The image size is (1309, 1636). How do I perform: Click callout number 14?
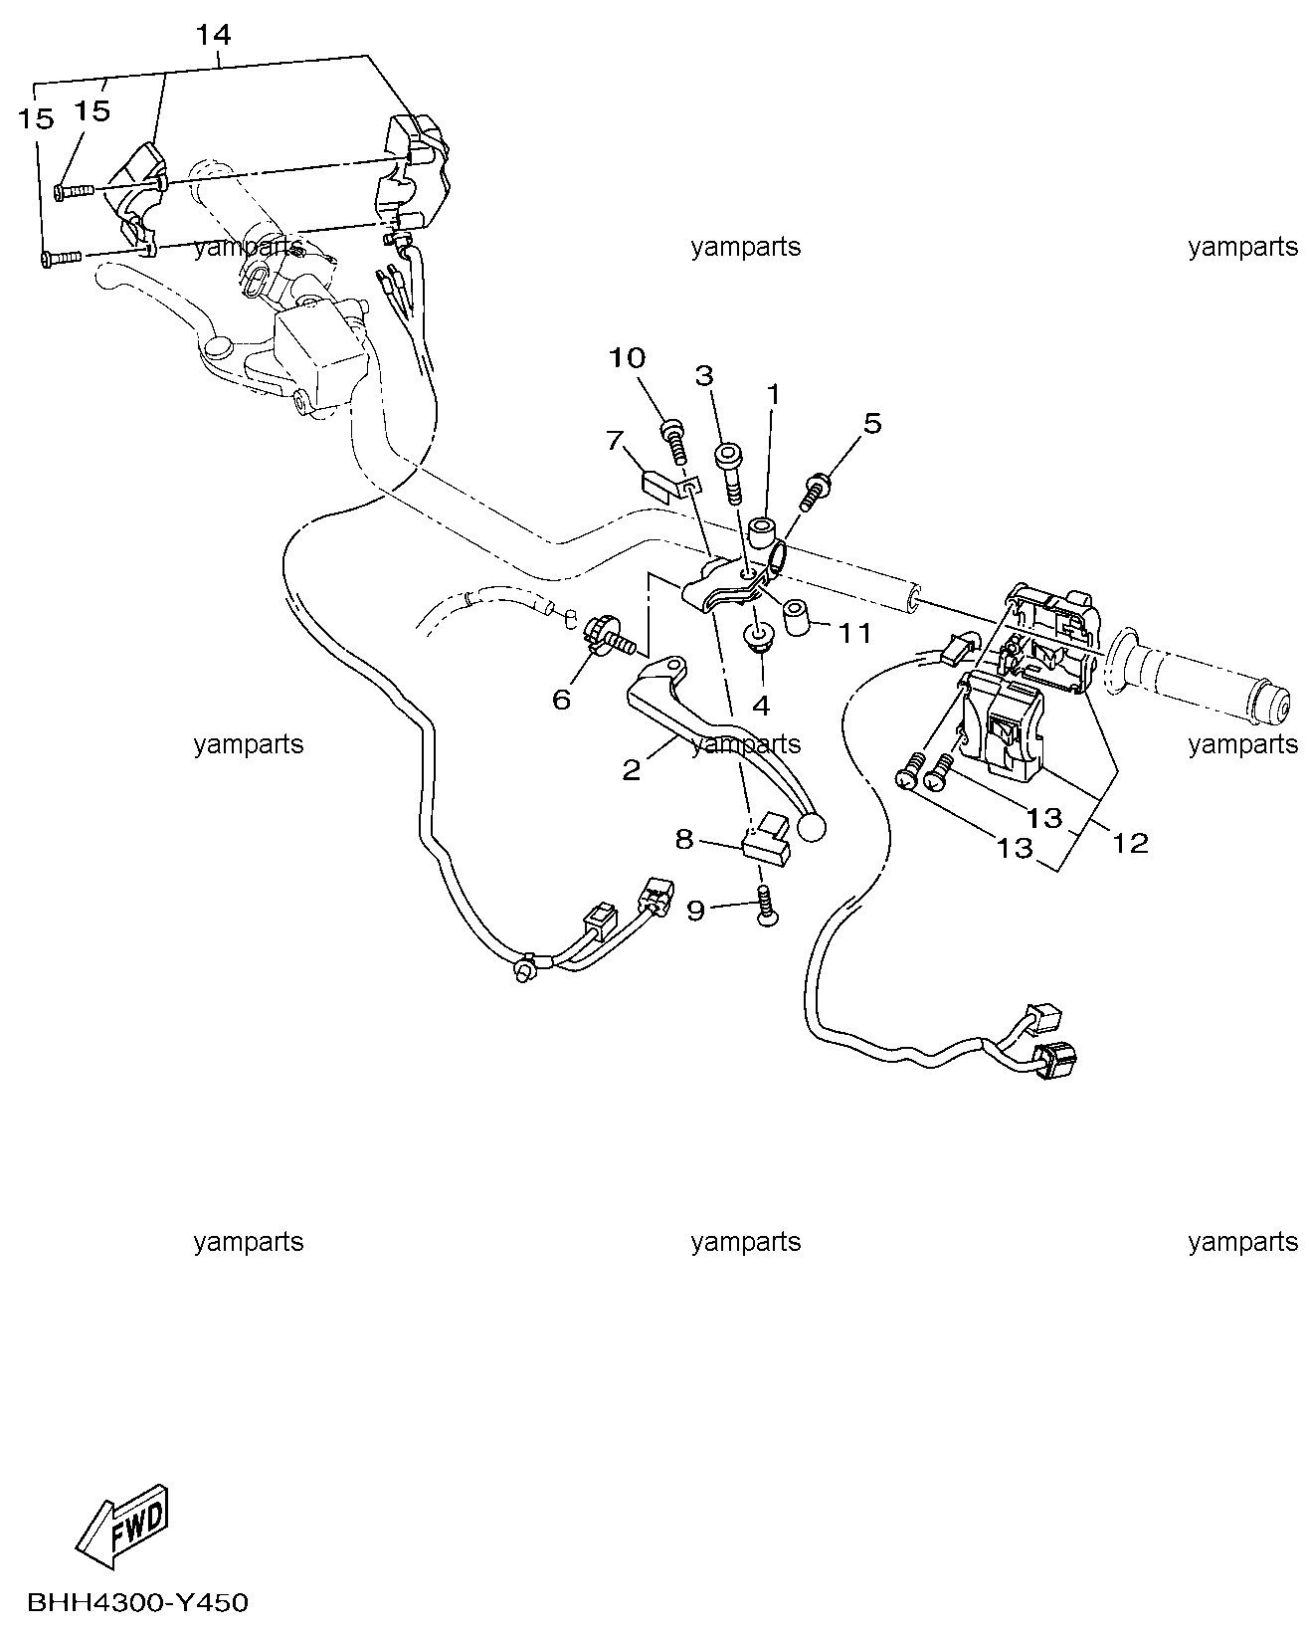[213, 35]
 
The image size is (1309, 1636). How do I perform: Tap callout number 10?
[627, 357]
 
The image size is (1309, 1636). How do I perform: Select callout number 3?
[704, 375]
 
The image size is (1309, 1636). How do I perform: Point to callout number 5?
[872, 424]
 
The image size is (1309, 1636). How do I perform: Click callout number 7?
[614, 440]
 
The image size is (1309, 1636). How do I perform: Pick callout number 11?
[854, 633]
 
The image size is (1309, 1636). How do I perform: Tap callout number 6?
[561, 700]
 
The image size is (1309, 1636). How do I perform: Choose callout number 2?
[632, 770]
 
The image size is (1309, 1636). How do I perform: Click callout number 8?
[684, 840]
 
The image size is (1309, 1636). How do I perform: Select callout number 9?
[695, 910]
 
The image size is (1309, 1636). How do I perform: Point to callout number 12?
[1130, 842]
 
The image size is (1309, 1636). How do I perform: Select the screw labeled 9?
[767, 906]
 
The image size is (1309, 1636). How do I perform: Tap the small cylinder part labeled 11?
[795, 618]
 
